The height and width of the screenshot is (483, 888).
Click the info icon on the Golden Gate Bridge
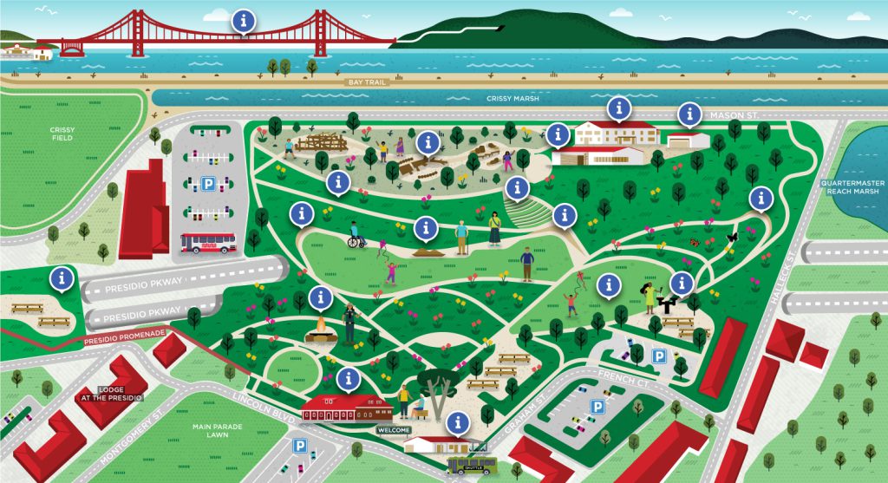click(245, 19)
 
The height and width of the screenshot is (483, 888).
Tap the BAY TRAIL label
click(363, 82)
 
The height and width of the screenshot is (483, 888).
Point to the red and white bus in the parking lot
click(207, 244)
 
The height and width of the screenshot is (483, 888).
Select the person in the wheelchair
click(354, 237)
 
